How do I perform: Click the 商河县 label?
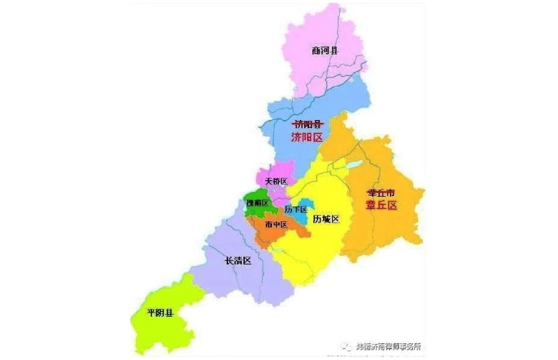324,50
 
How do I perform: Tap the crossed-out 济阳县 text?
308,123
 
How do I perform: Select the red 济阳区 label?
308,137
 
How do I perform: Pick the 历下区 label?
296,209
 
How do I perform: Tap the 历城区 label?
326,219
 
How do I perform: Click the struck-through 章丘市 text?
382,191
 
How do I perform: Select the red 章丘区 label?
382,205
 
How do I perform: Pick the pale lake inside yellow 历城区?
355,165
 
